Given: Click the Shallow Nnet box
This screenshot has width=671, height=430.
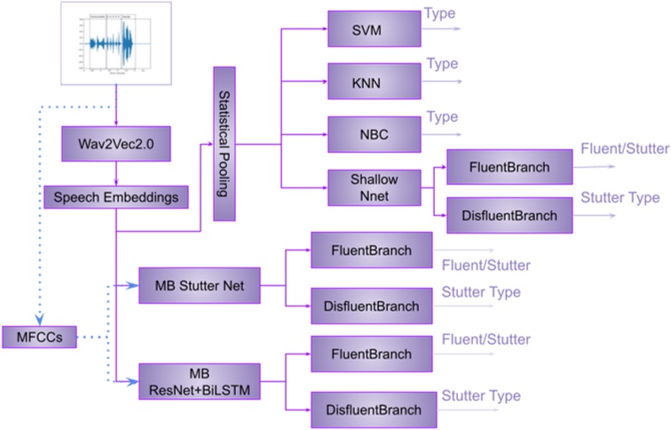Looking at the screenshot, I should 374,187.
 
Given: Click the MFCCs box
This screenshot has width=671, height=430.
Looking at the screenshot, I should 38,337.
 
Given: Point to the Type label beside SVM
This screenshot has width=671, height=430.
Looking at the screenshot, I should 441,15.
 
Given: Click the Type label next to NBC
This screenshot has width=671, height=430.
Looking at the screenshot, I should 441,117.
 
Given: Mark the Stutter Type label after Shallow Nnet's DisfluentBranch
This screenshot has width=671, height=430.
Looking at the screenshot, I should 620,197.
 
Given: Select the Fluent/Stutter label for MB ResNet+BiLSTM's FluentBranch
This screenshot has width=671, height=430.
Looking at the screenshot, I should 485,339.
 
